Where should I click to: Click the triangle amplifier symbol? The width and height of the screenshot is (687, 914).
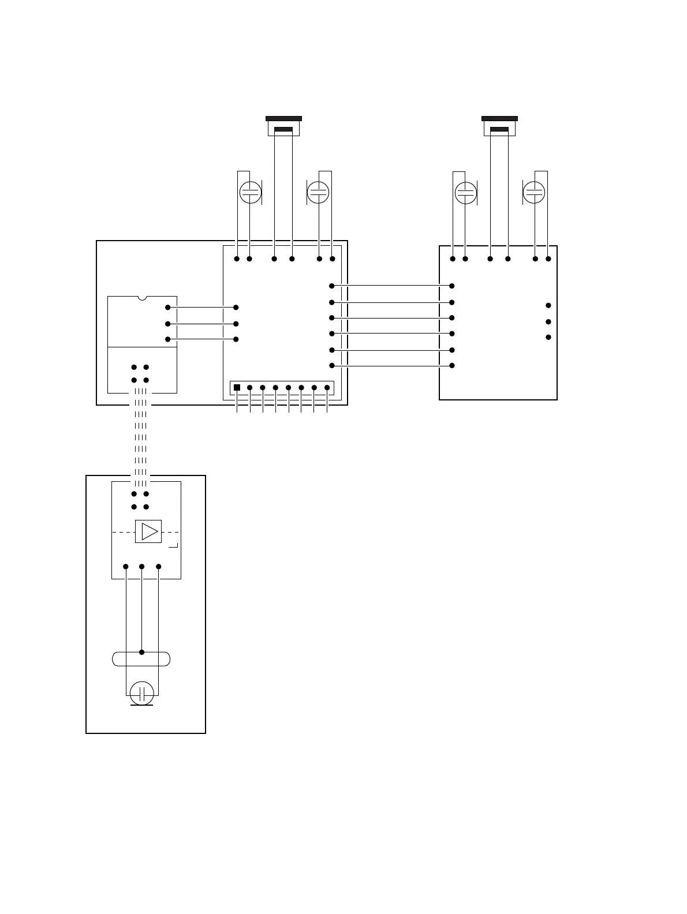(x=150, y=531)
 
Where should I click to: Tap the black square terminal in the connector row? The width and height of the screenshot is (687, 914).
(x=237, y=388)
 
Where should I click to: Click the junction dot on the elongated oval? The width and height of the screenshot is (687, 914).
(x=142, y=652)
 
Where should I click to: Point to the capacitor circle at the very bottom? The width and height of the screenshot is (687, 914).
(x=141, y=692)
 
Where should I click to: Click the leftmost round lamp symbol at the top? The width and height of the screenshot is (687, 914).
(x=251, y=192)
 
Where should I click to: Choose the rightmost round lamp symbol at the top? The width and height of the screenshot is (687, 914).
(x=534, y=192)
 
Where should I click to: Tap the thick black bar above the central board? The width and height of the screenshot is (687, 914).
(x=283, y=118)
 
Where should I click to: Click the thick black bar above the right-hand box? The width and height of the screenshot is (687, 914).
(x=499, y=118)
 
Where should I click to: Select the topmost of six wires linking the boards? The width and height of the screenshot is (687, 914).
(x=391, y=286)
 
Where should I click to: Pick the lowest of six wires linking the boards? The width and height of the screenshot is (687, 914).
(x=391, y=365)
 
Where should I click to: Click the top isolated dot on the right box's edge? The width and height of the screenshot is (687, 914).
(x=548, y=305)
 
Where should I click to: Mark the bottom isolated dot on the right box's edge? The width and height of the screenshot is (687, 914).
(x=548, y=337)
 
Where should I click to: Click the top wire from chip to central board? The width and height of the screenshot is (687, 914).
(x=201, y=308)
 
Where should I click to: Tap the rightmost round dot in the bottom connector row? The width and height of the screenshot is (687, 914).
(x=327, y=388)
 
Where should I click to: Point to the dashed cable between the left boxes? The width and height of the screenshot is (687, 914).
(x=141, y=439)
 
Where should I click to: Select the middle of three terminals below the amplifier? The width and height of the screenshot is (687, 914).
(x=142, y=567)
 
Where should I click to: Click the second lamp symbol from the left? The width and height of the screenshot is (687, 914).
(x=318, y=192)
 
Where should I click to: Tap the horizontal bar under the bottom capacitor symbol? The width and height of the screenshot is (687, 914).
(x=141, y=705)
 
